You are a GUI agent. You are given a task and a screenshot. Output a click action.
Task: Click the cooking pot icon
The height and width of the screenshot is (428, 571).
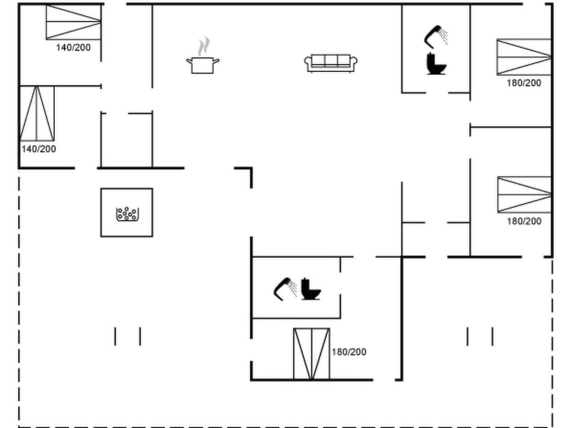pyautogui.click(x=202, y=64)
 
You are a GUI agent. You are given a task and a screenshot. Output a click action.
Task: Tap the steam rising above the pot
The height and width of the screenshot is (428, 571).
pyautogui.click(x=203, y=45)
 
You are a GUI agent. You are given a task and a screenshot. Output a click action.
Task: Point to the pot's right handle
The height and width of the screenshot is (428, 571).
pyautogui.click(x=217, y=60)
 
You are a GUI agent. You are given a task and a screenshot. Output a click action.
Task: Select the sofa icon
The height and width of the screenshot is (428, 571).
pyautogui.click(x=331, y=63)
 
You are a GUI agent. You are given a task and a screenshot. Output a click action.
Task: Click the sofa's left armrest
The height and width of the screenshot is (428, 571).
pyautogui.click(x=308, y=62)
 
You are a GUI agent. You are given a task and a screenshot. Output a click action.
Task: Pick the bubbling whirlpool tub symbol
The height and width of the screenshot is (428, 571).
pyautogui.click(x=127, y=213)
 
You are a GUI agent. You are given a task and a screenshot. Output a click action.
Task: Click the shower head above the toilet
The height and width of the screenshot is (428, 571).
pyautogui.click(x=436, y=35)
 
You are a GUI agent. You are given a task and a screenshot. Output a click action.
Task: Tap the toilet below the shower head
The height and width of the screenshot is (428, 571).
pyautogui.click(x=436, y=64)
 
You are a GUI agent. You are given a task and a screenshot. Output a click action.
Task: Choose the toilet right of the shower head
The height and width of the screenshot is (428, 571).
pyautogui.click(x=310, y=289)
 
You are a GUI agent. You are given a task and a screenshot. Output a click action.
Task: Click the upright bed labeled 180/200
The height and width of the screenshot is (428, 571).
pyautogui.click(x=311, y=354)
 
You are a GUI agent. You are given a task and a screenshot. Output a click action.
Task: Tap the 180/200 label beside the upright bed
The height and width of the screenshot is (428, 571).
pyautogui.click(x=349, y=352)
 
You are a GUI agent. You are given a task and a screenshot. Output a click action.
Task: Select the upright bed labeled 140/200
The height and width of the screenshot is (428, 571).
pyautogui.click(x=37, y=114)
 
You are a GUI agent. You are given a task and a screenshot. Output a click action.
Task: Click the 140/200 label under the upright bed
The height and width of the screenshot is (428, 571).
pyautogui.click(x=39, y=149)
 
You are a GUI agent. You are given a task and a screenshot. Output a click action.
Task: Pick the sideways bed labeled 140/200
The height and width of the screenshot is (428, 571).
pyautogui.click(x=73, y=22)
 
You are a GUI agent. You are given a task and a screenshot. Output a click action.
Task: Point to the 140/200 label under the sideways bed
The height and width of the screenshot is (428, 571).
pyautogui.click(x=73, y=48)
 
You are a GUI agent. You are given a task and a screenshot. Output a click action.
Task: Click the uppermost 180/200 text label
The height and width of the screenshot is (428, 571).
pyautogui.click(x=524, y=83)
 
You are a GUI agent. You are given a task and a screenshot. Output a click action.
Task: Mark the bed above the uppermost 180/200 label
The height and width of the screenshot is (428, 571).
pyautogui.click(x=524, y=57)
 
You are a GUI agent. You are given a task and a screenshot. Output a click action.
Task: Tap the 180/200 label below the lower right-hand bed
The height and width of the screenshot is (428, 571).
pyautogui.click(x=524, y=221)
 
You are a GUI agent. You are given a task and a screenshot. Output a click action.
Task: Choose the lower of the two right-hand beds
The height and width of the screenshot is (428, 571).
pyautogui.click(x=524, y=194)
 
